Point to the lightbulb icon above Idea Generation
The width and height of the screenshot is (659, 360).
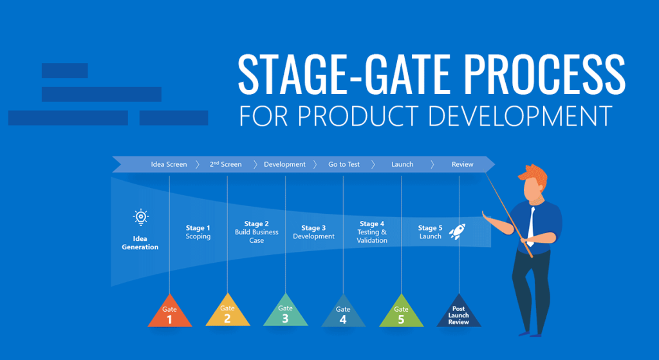coord(140,217)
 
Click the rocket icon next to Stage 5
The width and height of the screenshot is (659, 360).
coord(457,232)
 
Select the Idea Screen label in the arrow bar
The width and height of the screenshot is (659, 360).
coord(169,164)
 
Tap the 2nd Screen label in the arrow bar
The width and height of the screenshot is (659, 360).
coord(226,164)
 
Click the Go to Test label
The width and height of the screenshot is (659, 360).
coord(344,164)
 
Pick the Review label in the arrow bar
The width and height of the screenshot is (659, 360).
coord(462,164)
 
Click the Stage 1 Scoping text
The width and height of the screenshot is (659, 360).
coord(198,232)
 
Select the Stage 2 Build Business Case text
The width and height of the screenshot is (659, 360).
coord(257,232)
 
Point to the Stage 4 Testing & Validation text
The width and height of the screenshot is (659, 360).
coord(372,232)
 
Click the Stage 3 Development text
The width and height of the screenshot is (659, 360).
coord(314,232)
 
